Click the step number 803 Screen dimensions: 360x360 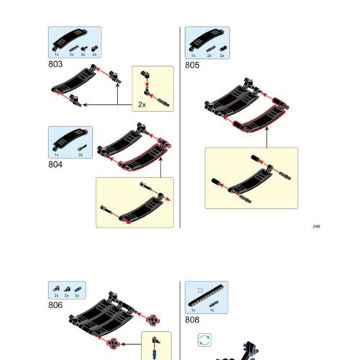pyautogui.click(x=55, y=64)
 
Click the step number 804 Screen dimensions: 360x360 pyautogui.click(x=55, y=163)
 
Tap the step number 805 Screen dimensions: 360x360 pyautogui.click(x=192, y=64)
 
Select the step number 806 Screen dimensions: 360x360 pyautogui.click(x=55, y=305)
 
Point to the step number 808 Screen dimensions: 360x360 pyautogui.click(x=192, y=320)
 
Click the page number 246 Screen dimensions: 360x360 pyautogui.click(x=316, y=226)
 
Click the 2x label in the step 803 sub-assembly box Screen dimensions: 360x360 pyautogui.click(x=142, y=104)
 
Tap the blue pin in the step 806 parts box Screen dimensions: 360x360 pyautogui.click(x=78, y=289)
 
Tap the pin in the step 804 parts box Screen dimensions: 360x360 pyautogui.click(x=80, y=148)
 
